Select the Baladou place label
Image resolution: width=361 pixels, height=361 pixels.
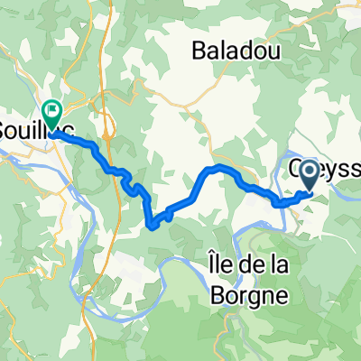coord(232,51)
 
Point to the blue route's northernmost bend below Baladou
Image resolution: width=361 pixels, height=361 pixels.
coord(217,168)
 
